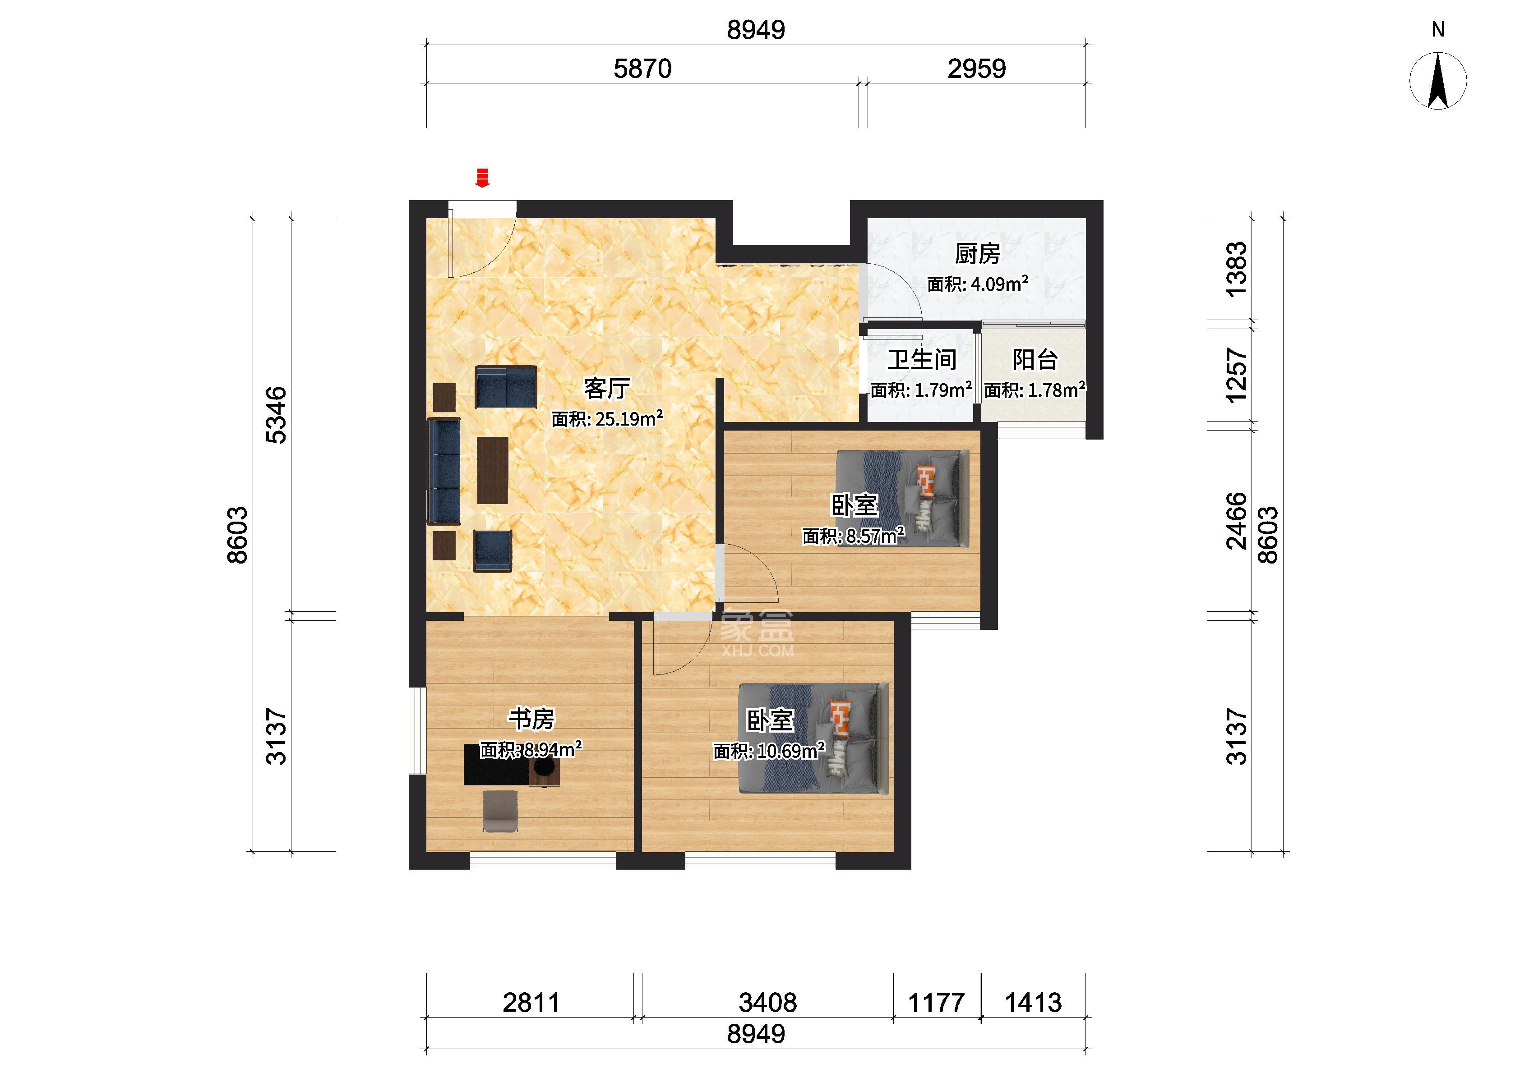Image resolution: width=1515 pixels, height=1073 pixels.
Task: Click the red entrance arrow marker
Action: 483,177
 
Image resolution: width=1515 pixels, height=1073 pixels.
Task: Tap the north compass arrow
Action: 1438,81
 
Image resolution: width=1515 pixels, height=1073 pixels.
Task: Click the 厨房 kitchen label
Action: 977,254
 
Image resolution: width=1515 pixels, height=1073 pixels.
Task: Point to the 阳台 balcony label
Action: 1035,360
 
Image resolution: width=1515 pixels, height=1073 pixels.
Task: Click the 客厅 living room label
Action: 606,389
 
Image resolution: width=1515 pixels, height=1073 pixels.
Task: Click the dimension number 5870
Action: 642,69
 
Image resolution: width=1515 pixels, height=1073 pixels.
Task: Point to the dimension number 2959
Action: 976,69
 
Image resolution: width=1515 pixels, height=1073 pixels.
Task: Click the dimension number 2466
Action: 1236,521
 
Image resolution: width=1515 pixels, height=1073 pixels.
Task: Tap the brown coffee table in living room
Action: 492,470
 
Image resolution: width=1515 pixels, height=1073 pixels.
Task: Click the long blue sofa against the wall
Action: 444,471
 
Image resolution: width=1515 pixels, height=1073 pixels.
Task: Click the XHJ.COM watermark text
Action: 757,651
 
